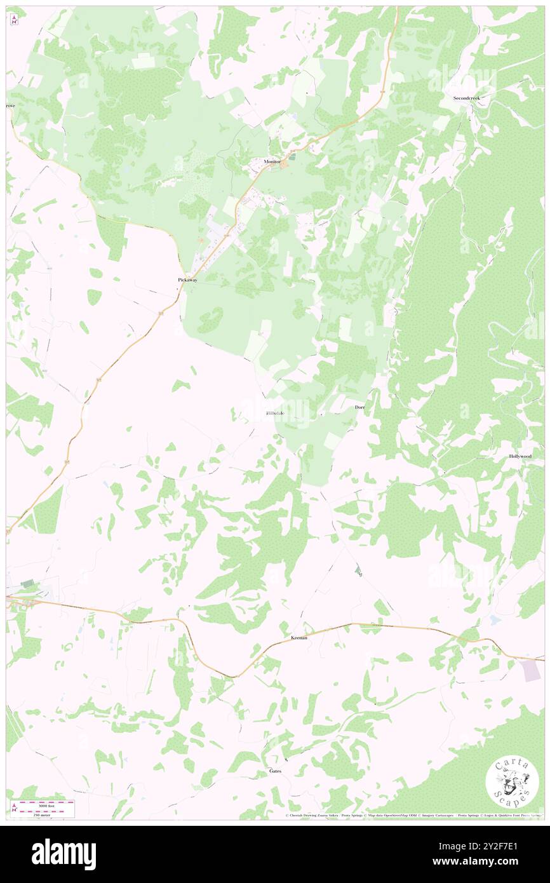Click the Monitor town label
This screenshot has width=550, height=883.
(272, 161)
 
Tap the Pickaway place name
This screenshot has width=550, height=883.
(187, 280)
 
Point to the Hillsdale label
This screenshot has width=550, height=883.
(275, 414)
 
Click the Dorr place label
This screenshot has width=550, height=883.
(359, 407)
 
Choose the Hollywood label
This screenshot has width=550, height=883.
(520, 457)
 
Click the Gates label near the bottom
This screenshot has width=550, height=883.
(275, 771)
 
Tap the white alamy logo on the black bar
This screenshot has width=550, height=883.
(64, 854)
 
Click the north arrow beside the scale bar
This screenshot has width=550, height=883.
(15, 808)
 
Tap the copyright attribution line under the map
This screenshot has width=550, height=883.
(413, 816)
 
